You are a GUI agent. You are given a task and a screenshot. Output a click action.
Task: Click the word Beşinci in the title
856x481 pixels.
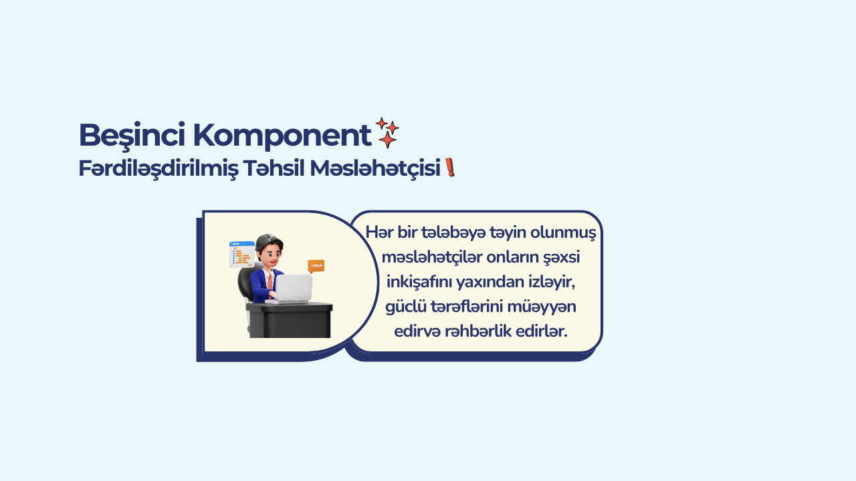coord(132,136)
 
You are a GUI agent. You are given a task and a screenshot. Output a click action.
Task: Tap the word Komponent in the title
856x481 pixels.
coord(282,136)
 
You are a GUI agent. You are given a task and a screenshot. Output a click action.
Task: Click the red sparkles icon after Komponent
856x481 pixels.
coord(387,132)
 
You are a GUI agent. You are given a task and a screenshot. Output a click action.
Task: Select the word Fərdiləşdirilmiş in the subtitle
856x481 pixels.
coord(158,168)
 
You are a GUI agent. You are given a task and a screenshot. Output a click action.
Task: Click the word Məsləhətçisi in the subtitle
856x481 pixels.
coord(375,168)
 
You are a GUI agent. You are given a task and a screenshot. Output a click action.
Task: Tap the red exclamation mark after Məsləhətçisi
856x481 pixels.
coord(450,168)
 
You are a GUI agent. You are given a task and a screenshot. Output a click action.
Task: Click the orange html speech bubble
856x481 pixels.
coord(316,266)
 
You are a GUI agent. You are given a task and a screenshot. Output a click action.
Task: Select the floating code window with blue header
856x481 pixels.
coord(242,255)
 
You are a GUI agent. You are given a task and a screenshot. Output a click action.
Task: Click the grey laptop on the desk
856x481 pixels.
coord(293,289)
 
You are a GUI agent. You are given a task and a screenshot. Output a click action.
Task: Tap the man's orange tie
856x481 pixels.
coord(270,281)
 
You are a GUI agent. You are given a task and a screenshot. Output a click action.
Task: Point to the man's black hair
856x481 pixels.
coord(269,242)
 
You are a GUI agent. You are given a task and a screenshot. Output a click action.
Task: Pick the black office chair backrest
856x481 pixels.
coord(245,283)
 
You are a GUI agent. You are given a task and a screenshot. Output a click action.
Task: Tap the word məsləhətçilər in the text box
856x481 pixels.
coord(432,257)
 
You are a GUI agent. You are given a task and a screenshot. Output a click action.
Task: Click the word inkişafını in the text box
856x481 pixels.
coord(419,283)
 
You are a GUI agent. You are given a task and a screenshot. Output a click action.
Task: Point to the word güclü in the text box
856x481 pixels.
coord(406,307)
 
